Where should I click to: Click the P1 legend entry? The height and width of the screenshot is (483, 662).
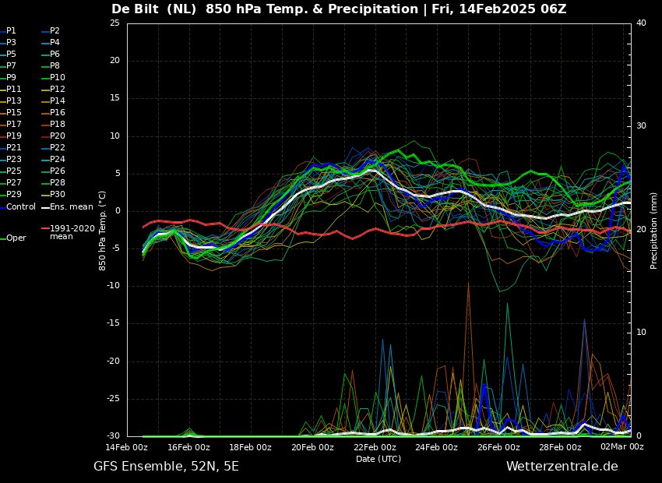click(9, 31)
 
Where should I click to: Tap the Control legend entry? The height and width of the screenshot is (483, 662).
click(18, 207)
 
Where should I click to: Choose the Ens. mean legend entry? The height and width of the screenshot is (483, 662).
click(67, 207)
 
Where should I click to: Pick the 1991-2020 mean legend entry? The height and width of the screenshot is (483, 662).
click(69, 232)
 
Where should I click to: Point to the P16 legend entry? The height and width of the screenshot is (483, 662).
click(53, 113)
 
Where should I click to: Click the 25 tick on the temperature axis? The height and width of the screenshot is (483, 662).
click(114, 23)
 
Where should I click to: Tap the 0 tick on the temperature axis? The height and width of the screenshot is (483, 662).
click(118, 211)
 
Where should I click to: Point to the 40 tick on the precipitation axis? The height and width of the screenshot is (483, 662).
click(641, 23)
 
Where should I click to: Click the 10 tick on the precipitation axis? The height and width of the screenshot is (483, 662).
click(641, 333)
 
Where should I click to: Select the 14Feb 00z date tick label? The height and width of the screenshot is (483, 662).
click(127, 447)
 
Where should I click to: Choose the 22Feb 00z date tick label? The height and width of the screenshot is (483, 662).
click(374, 447)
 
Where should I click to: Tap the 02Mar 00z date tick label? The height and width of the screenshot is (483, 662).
click(623, 447)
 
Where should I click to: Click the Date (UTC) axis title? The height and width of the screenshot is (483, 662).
click(379, 459)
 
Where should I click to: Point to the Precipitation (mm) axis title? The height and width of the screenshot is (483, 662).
click(654, 229)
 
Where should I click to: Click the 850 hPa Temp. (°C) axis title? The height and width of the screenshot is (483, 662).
click(102, 231)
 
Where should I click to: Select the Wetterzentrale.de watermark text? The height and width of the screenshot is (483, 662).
click(562, 467)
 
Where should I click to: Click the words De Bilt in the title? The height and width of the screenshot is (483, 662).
click(135, 9)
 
